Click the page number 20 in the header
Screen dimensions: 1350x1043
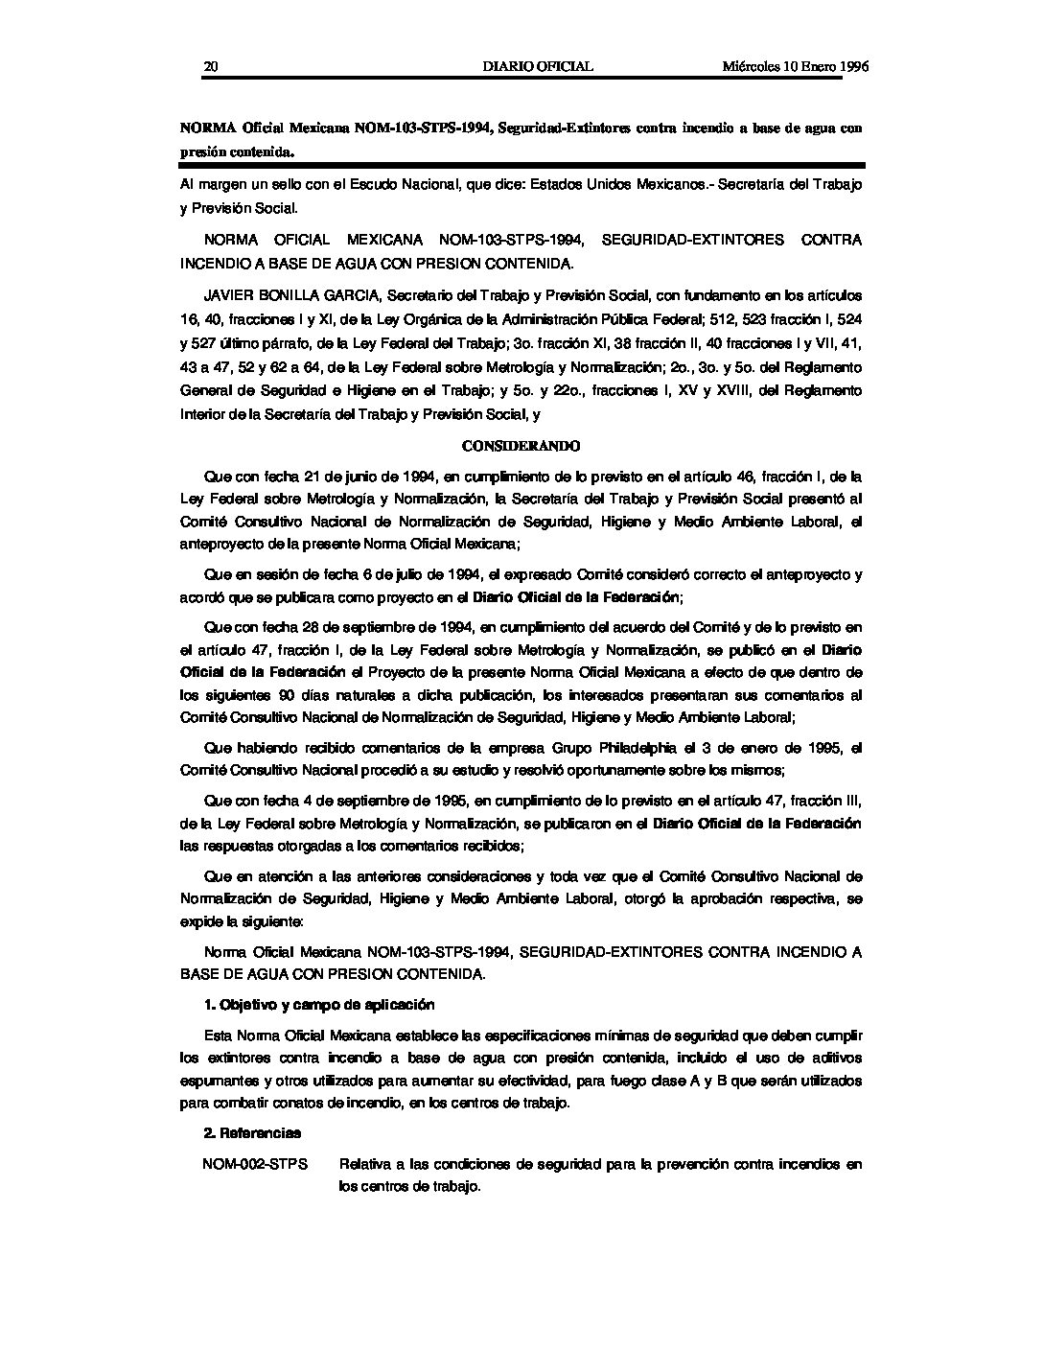click(212, 66)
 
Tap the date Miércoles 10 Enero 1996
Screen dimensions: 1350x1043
click(795, 66)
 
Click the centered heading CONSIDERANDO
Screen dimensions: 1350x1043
click(521, 446)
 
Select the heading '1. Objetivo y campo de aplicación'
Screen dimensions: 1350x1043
click(319, 1005)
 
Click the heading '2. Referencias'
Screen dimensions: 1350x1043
click(252, 1132)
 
